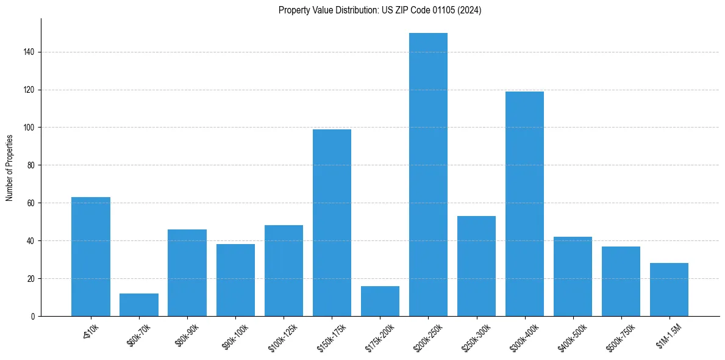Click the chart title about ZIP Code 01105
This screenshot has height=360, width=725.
(380, 10)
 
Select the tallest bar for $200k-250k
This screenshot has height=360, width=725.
(428, 175)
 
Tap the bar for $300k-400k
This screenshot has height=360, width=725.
(524, 204)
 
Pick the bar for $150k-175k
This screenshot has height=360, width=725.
(332, 223)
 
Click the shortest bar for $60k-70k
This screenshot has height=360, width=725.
(139, 305)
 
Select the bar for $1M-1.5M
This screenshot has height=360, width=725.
(669, 290)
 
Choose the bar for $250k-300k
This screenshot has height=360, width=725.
(476, 266)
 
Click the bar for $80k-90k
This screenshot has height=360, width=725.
(187, 273)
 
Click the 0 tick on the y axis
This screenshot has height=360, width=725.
(34, 316)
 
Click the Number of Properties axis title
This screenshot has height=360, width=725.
(10, 167)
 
